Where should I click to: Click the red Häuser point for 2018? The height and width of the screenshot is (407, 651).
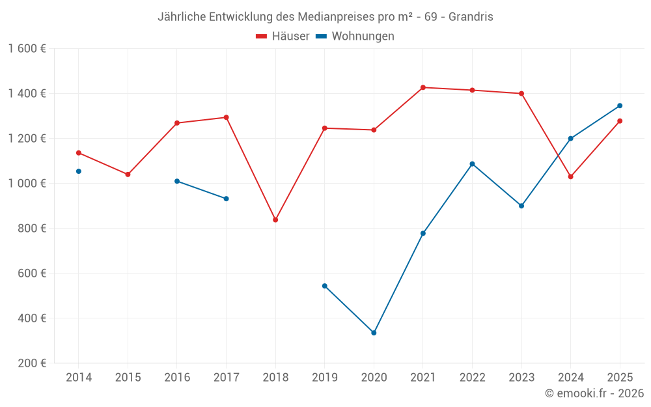(275, 219)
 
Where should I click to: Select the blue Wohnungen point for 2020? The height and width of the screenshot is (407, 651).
(374, 333)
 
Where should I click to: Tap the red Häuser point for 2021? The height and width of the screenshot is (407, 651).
(423, 87)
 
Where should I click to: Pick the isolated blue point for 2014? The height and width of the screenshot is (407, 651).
(79, 171)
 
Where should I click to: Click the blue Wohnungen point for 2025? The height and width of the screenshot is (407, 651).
(620, 105)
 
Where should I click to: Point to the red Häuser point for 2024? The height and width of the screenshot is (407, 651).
(571, 176)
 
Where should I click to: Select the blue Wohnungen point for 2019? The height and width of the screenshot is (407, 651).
(325, 286)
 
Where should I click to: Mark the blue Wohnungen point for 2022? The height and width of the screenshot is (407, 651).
(472, 164)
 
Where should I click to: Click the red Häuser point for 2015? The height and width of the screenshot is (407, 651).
(128, 175)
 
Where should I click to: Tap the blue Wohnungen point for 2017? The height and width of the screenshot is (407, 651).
(227, 199)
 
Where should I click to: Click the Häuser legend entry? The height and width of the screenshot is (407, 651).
(283, 36)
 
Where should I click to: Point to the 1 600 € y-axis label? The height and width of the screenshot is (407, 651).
(27, 49)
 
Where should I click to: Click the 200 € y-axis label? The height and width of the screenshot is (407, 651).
(33, 363)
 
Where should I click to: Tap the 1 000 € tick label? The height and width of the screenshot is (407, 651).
(27, 184)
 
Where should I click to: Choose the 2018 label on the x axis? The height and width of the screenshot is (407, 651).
(275, 377)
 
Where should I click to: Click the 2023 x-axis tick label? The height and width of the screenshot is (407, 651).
(521, 377)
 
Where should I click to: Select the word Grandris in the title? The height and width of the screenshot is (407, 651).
(471, 17)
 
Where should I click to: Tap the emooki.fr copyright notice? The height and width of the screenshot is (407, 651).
(594, 393)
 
